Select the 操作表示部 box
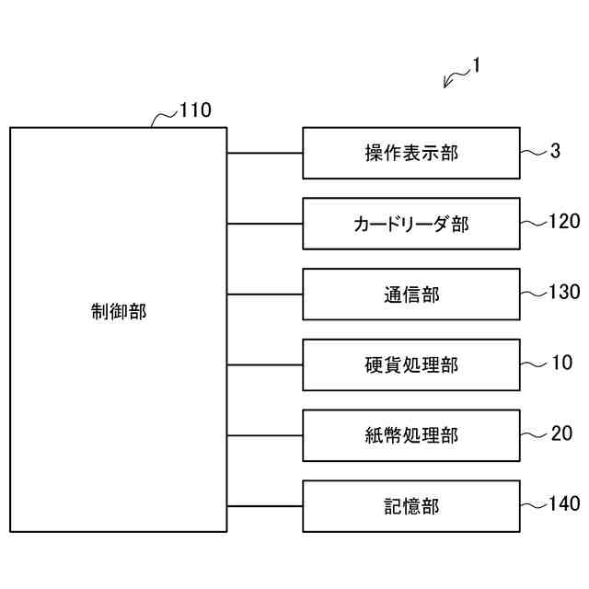[x=410, y=153]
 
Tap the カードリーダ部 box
[x=410, y=224]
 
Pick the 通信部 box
[x=410, y=294]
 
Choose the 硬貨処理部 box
[x=410, y=365]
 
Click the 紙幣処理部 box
[x=410, y=435]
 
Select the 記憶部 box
[x=410, y=506]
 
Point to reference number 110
[x=195, y=111]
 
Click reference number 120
[x=563, y=221]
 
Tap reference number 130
[x=563, y=292]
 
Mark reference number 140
[x=563, y=503]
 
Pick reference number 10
[x=561, y=363]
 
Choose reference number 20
[x=561, y=433]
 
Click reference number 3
[x=555, y=151]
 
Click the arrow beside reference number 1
[x=454, y=79]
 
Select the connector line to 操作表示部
[x=264, y=153]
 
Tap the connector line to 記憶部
[x=264, y=506]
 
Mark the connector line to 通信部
[x=264, y=294]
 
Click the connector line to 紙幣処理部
[x=264, y=435]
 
